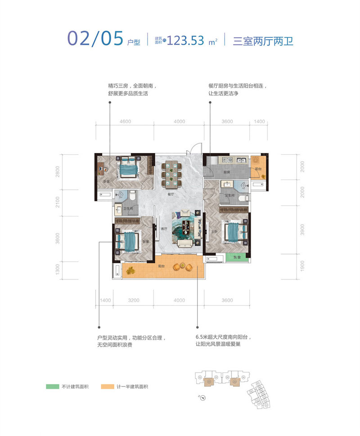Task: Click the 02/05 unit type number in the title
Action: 95,39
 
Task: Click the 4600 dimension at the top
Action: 125,121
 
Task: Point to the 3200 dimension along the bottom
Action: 133,300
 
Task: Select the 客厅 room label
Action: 164,229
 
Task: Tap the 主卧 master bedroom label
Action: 215,232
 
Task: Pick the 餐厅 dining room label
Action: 170,195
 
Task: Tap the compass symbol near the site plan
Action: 202,397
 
